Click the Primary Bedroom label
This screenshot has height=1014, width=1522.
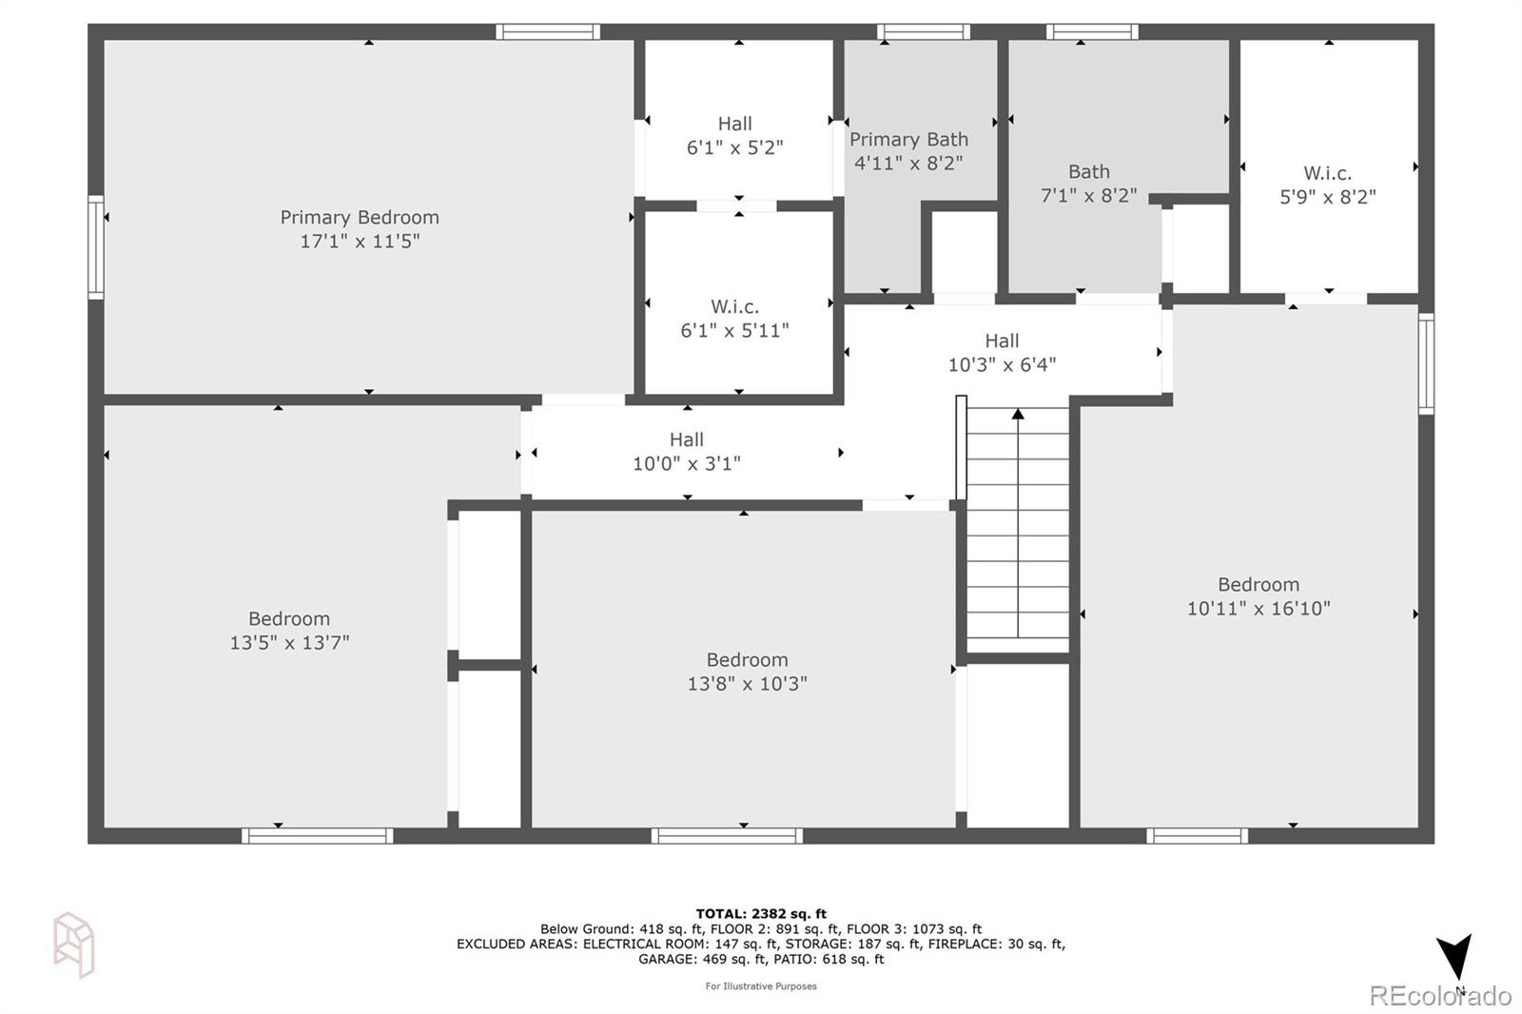[x=359, y=218]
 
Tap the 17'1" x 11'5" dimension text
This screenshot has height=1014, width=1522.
[x=359, y=242]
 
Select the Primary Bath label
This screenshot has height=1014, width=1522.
[x=908, y=140]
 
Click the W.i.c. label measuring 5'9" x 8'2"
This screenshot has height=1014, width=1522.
[x=1327, y=173]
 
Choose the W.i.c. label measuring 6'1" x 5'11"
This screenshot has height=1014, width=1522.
[x=734, y=306]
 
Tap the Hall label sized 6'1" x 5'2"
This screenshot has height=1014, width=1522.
[x=734, y=124]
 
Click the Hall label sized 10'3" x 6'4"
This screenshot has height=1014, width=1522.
[x=1002, y=341]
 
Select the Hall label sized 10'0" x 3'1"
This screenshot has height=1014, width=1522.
[x=686, y=439]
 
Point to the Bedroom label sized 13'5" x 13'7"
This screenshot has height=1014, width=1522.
[x=289, y=619]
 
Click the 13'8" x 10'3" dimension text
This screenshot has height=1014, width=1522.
[x=747, y=684]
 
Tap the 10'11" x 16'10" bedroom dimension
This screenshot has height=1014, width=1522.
[x=1258, y=609]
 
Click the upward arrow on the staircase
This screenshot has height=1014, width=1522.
[x=1018, y=415]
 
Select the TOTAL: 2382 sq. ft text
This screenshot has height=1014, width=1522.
[x=761, y=914]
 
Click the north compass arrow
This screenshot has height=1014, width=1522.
[x=1454, y=956]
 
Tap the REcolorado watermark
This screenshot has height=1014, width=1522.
[x=1439, y=996]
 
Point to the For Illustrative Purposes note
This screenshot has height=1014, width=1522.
[x=761, y=986]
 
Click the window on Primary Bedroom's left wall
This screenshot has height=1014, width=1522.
[x=96, y=247]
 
